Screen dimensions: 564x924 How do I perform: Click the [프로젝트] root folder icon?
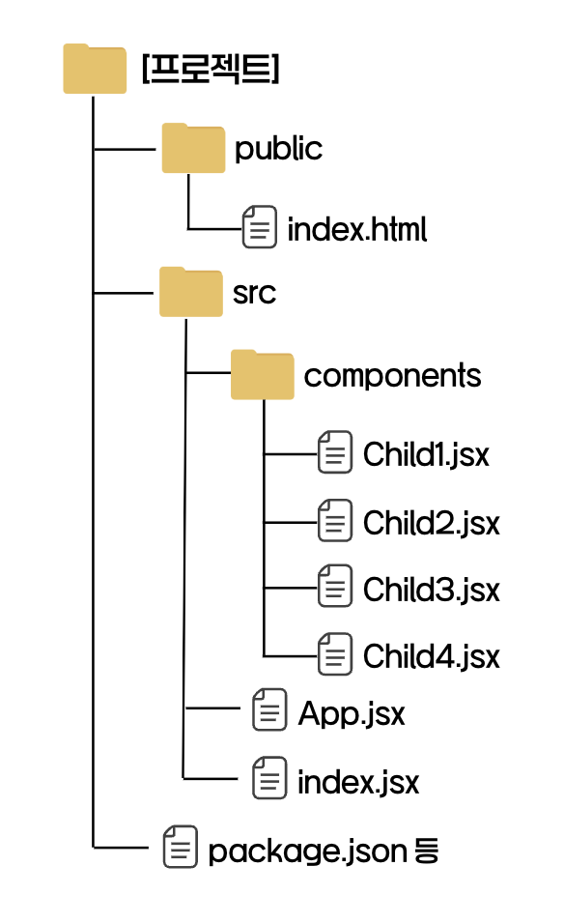pyautogui.click(x=95, y=69)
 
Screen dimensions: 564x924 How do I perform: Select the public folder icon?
pyautogui.click(x=194, y=148)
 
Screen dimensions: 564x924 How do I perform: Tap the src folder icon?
pyautogui.click(x=191, y=292)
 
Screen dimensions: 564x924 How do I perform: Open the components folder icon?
pyautogui.click(x=263, y=375)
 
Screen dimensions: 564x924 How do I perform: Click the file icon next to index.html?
pyautogui.click(x=260, y=227)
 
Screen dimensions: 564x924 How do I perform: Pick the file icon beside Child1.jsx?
pyautogui.click(x=335, y=452)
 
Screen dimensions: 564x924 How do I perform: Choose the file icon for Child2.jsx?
pyautogui.click(x=335, y=520)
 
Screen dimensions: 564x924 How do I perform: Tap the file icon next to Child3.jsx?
pyautogui.click(x=335, y=586)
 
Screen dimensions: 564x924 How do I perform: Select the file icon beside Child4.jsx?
pyautogui.click(x=335, y=654)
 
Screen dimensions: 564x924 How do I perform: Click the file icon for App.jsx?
pyautogui.click(x=269, y=709)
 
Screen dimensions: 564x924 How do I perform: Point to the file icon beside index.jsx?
pyautogui.click(x=269, y=778)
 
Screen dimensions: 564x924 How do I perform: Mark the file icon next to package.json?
pyautogui.click(x=181, y=847)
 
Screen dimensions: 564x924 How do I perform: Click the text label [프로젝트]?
pyautogui.click(x=211, y=69)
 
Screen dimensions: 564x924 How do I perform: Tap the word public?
pyautogui.click(x=278, y=149)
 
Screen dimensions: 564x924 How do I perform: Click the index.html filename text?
pyautogui.click(x=357, y=229)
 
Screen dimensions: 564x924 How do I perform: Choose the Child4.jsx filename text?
pyautogui.click(x=432, y=656)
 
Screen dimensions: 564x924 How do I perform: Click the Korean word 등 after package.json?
pyautogui.click(x=427, y=851)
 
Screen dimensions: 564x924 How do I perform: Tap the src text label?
pyautogui.click(x=254, y=294)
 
